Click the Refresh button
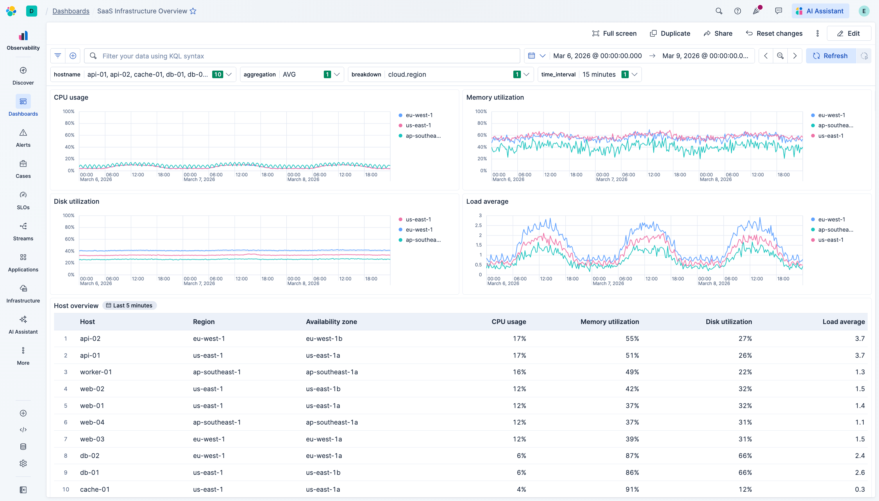tap(830, 56)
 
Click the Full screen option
tap(614, 33)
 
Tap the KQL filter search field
tap(303, 56)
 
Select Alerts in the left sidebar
tap(23, 138)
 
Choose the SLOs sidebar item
tap(23, 200)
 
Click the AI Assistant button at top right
tap(820, 11)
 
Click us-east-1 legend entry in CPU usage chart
tap(418, 125)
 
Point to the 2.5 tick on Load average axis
tap(478, 226)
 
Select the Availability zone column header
tap(331, 321)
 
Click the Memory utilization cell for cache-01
tap(632, 489)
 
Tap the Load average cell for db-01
tap(860, 472)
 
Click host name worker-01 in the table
tap(96, 372)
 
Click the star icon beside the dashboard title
tap(193, 11)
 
